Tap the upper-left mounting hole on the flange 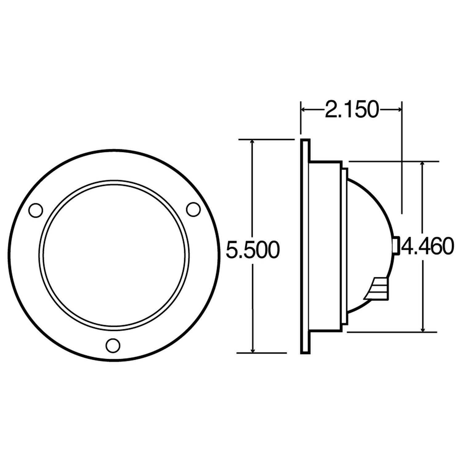click(x=35, y=210)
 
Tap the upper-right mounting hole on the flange click(x=193, y=209)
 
